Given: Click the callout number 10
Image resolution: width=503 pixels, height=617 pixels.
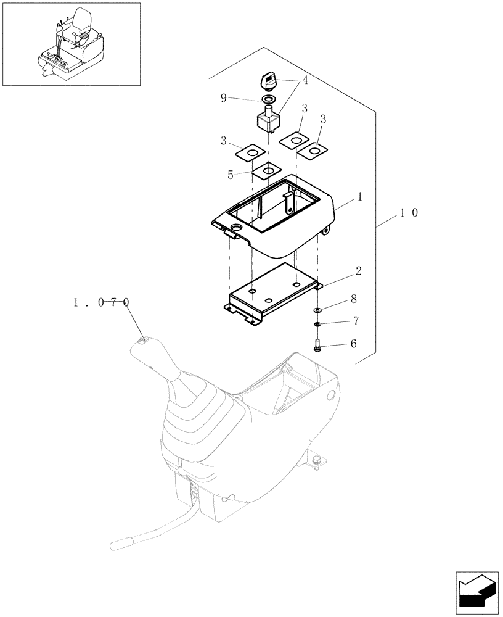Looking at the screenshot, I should pyautogui.click(x=409, y=213).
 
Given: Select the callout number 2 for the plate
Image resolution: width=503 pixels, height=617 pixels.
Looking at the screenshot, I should pyautogui.click(x=358, y=271).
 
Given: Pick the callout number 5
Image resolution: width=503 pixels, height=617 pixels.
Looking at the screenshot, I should pyautogui.click(x=231, y=175).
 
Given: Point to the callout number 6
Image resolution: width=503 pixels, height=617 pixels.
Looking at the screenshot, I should pyautogui.click(x=353, y=344).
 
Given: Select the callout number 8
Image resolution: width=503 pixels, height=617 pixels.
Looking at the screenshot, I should pyautogui.click(x=353, y=299).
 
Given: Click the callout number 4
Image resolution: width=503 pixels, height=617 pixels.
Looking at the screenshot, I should pyautogui.click(x=305, y=80).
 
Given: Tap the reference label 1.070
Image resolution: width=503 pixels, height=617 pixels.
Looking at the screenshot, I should pyautogui.click(x=102, y=302).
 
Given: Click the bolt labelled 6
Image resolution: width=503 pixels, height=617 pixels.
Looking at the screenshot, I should pyautogui.click(x=317, y=345).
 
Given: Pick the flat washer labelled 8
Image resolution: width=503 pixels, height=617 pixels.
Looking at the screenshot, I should pyautogui.click(x=317, y=310).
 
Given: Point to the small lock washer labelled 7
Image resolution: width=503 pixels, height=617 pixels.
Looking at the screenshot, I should pyautogui.click(x=317, y=325).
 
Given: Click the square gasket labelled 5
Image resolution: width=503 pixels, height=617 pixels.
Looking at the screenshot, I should pyautogui.click(x=269, y=170).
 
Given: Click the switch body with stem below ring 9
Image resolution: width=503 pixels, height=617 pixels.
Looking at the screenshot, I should pyautogui.click(x=268, y=119).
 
